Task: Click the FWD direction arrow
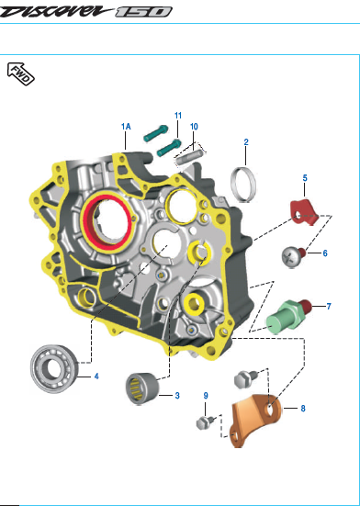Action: [20, 73]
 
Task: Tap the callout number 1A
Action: [126, 127]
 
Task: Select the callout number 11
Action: [178, 116]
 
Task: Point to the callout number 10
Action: [194, 127]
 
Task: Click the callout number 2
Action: [246, 142]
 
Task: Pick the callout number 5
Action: [305, 178]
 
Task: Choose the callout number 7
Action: [329, 306]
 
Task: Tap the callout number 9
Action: [206, 396]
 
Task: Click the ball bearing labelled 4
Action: [54, 369]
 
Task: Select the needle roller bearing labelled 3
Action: [142, 388]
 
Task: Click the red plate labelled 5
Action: [304, 212]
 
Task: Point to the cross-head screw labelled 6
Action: [294, 257]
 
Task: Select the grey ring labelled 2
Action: [244, 185]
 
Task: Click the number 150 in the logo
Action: [143, 12]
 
